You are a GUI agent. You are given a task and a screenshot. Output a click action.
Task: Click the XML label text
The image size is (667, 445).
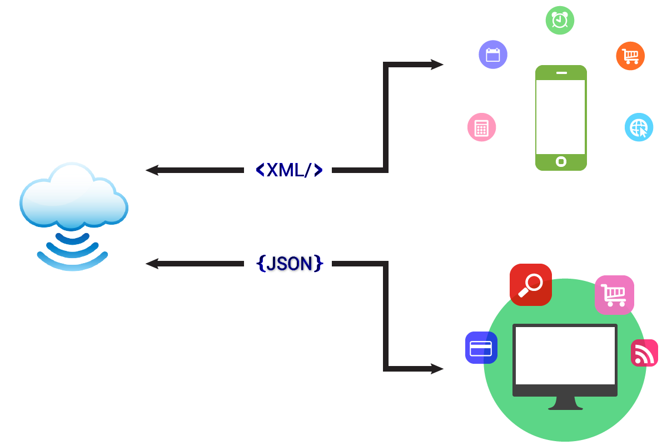click(289, 170)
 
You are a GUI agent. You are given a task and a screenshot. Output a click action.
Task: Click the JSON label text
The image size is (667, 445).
click(289, 264)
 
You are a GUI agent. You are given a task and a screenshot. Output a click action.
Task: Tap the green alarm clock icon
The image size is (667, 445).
click(560, 21)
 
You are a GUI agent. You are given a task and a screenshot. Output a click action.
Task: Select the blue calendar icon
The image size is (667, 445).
click(493, 55)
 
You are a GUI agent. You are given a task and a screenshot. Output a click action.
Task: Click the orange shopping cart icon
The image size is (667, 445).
click(630, 56)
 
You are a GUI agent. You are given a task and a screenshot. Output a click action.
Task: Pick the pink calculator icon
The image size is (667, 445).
click(481, 127)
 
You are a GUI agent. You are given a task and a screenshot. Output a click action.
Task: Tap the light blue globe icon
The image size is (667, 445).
click(639, 127)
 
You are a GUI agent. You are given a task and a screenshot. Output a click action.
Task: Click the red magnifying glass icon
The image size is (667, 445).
click(530, 285)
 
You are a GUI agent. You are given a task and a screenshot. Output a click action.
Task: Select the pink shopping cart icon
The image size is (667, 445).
click(614, 295)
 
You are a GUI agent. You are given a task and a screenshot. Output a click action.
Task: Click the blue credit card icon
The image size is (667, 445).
click(481, 348)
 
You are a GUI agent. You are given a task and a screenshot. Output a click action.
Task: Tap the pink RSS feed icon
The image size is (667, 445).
click(644, 353)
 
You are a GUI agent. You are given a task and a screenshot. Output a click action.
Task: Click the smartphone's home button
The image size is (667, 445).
click(561, 162)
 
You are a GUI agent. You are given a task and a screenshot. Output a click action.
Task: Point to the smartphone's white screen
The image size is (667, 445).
click(561, 117)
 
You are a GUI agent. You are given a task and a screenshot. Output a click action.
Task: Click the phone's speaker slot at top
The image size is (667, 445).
click(561, 73)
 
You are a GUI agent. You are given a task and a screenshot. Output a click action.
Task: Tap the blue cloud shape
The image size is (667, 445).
click(73, 197)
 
